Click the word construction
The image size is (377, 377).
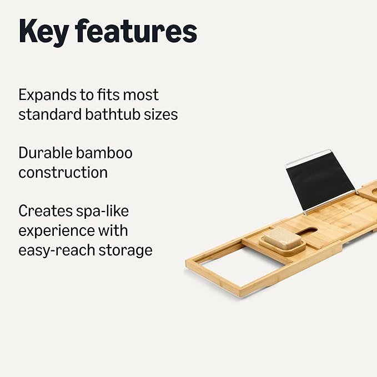click(63, 172)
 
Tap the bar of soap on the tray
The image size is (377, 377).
click(280, 238)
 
